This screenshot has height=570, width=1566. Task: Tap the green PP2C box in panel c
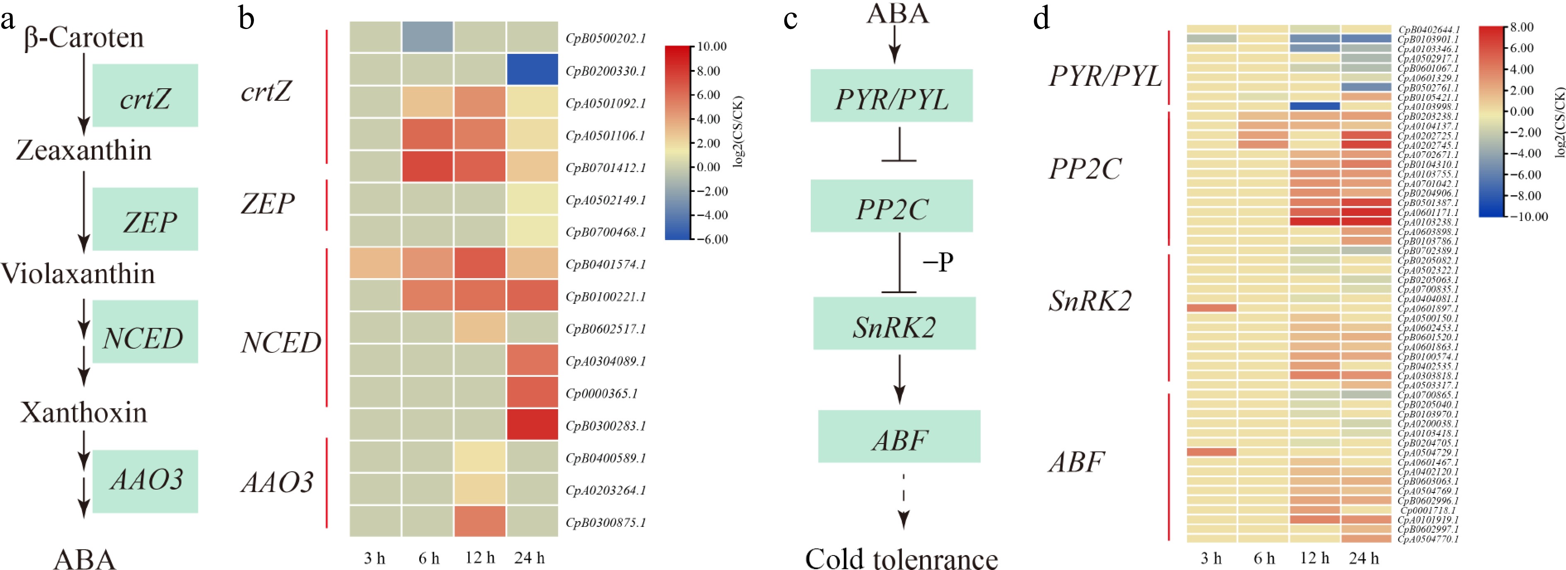(x=891, y=206)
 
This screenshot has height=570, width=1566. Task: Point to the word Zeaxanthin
(x=84, y=150)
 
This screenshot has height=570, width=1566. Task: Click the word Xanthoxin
(x=84, y=412)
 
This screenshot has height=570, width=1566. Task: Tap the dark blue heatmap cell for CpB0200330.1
(x=532, y=69)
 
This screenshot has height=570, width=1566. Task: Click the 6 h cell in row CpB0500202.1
(x=428, y=37)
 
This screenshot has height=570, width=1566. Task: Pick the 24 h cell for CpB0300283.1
(x=532, y=424)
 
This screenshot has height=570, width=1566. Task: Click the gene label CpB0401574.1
(x=606, y=264)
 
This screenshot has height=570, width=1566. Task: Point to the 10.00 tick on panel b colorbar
(x=712, y=47)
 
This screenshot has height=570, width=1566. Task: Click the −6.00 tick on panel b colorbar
(x=712, y=239)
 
